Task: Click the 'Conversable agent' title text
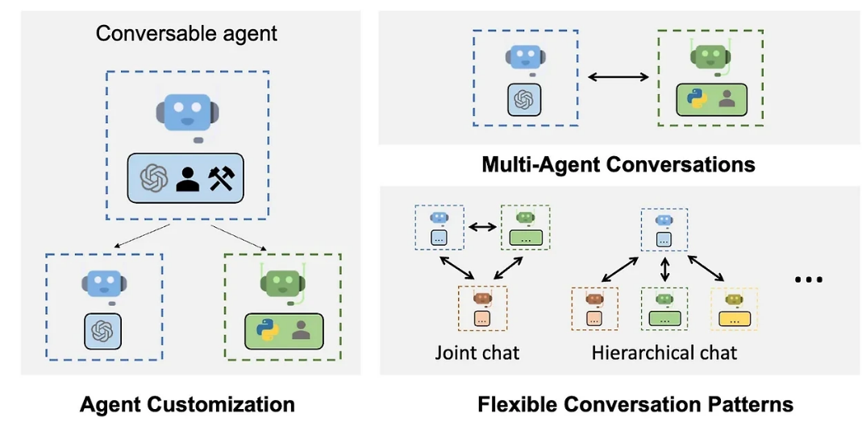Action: point(186,33)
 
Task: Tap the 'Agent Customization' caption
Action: point(187,404)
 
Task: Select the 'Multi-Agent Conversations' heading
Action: point(618,165)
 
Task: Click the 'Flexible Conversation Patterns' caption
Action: point(635,404)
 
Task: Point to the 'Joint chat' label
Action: point(477,352)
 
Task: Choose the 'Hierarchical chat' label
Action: point(664,352)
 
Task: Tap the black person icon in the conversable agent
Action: point(188,177)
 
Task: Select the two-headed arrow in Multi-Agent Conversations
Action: point(618,77)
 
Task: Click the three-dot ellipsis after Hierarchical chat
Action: point(808,279)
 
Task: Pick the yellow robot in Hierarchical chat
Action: point(733,300)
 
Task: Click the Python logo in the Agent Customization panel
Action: point(267,330)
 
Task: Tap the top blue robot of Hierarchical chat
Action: point(664,220)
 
